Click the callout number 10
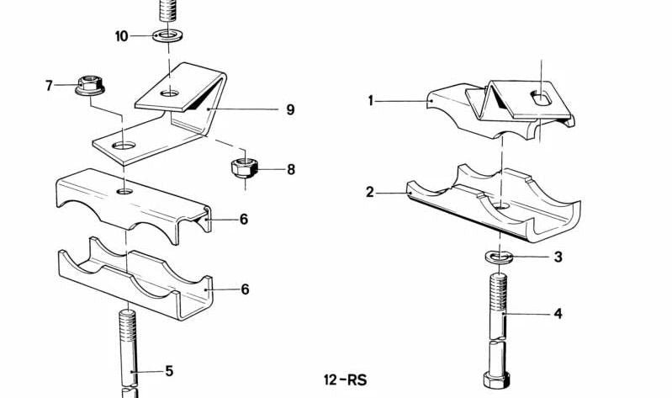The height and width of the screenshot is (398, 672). [121, 36]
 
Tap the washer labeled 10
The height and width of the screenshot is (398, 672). [167, 35]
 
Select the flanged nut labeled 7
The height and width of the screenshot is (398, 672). [89, 85]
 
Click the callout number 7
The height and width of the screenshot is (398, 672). [49, 86]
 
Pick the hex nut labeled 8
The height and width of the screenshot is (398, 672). [244, 167]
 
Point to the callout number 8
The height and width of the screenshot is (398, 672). [291, 169]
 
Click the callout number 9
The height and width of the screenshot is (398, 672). [290, 109]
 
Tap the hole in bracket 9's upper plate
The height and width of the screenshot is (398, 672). [169, 93]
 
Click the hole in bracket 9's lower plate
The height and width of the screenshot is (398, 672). [124, 146]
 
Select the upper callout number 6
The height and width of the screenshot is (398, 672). [244, 219]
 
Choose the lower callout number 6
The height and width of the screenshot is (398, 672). [245, 289]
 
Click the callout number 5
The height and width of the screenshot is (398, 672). [169, 371]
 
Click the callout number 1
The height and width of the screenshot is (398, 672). [371, 101]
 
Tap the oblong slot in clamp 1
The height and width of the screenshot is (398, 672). [541, 98]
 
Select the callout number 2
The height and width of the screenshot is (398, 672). [370, 192]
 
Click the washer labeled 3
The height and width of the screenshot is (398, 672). [499, 257]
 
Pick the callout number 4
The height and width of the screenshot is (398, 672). [558, 314]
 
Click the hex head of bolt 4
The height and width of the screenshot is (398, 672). [497, 380]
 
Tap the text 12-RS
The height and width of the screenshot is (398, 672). [346, 380]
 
